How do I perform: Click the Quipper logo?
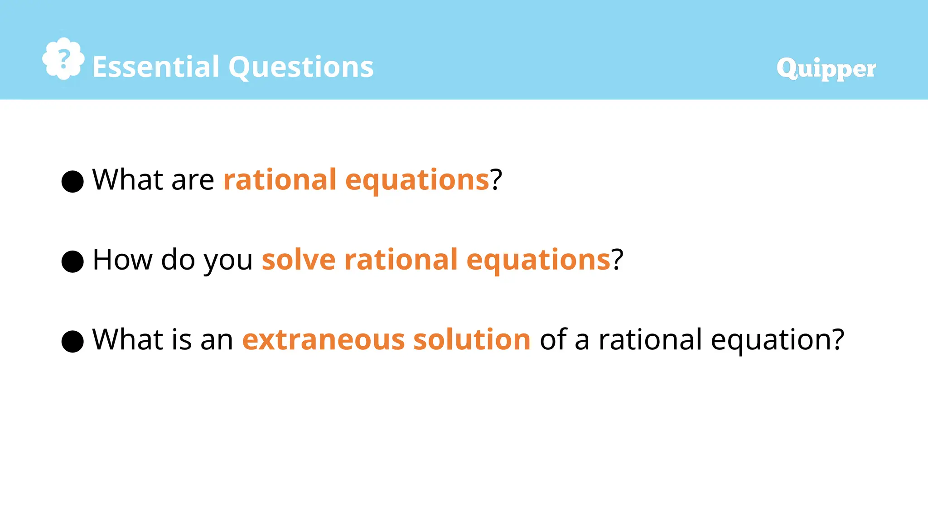[x=826, y=68]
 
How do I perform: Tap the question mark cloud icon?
[x=63, y=59]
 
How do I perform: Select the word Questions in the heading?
[x=301, y=67]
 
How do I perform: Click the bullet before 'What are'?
[x=72, y=181]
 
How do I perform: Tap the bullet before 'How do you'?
[x=72, y=261]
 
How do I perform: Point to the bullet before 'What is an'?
[x=72, y=341]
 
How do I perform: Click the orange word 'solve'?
[x=299, y=260]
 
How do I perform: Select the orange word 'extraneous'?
[x=323, y=340]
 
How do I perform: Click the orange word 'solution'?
[x=472, y=340]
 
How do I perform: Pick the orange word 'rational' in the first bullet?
[x=280, y=180]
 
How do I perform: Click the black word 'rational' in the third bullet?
[x=650, y=340]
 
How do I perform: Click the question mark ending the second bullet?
[x=618, y=260]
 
